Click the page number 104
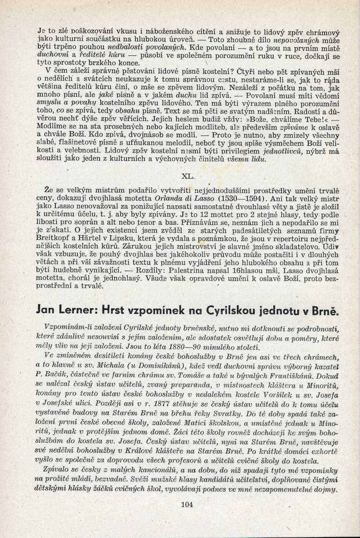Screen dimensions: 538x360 pyautogui.click(x=186, y=504)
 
